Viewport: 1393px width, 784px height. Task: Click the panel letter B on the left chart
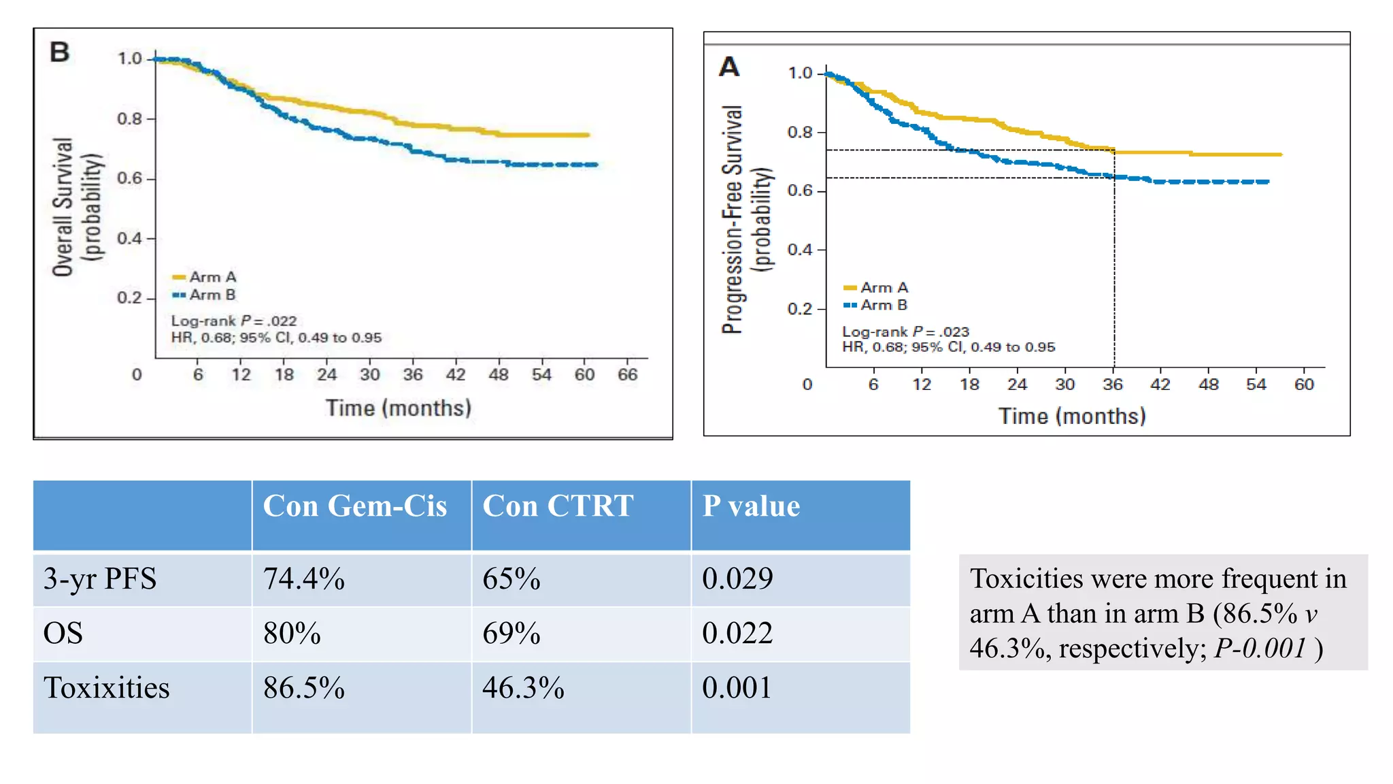60,52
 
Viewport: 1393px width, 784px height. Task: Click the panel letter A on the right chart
729,67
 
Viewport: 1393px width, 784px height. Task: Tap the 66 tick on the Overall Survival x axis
627,374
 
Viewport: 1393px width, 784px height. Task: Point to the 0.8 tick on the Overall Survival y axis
129,118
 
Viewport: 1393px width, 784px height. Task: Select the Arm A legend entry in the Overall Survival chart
205,277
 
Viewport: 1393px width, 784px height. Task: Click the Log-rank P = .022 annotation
234,321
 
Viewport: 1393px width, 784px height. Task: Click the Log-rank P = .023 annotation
905,331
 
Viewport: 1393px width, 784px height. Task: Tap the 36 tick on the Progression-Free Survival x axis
1113,385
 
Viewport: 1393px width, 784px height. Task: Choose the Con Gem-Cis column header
354,506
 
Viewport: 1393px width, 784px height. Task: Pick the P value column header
751,506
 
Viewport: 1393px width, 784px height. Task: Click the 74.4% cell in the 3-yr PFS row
304,579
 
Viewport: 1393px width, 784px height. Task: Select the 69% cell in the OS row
511,634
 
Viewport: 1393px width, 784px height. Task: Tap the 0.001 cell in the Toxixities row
737,688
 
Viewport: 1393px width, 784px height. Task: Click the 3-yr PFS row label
100,579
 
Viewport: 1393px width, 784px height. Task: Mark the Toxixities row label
107,688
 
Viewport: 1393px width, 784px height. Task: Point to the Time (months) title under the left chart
398,408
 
